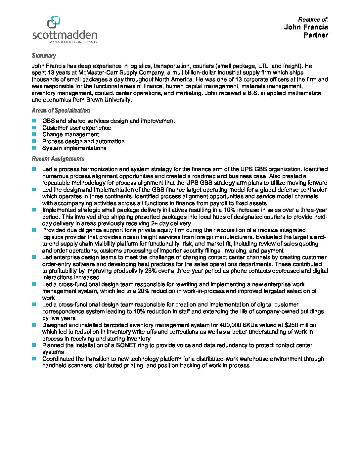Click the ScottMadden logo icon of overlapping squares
(53, 22)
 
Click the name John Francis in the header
(306, 27)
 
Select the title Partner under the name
(316, 35)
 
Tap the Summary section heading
(44, 56)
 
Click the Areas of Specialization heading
(61, 111)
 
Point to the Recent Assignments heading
(58, 159)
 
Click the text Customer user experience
(76, 128)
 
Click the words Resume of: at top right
(313, 20)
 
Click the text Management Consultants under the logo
(73, 42)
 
